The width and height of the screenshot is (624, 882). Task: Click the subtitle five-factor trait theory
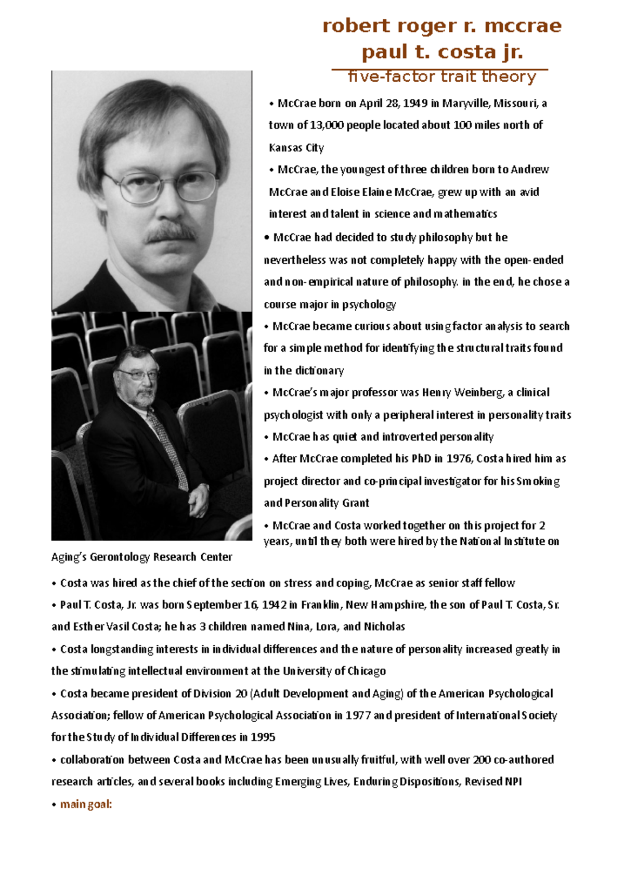pos(441,76)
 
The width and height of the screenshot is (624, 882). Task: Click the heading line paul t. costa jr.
pos(441,52)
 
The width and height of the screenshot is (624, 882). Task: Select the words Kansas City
pos(296,148)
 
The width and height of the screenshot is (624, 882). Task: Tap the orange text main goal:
pos(86,804)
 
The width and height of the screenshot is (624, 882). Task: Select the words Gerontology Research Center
pos(161,557)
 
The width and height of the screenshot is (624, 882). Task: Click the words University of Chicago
pos(334,671)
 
